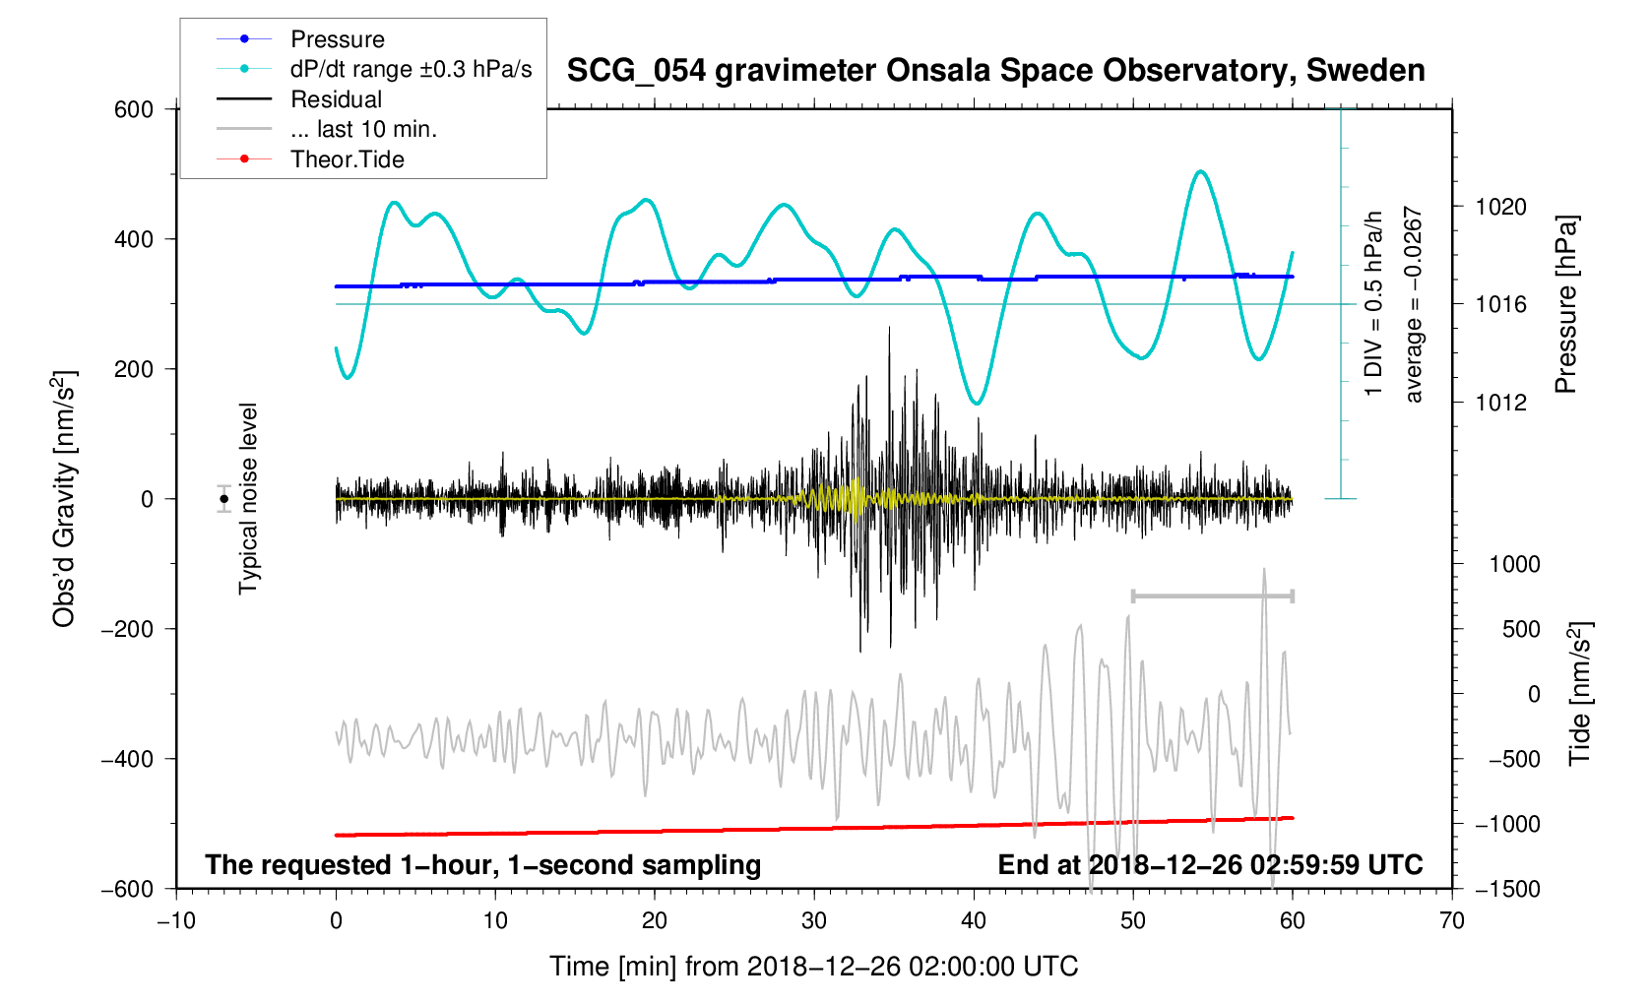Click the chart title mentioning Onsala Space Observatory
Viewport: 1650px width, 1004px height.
tap(995, 71)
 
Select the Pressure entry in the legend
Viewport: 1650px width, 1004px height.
tap(337, 39)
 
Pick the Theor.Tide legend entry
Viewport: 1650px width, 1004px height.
tap(347, 159)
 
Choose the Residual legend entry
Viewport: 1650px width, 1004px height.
tap(336, 99)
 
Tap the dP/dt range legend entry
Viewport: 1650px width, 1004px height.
tap(411, 69)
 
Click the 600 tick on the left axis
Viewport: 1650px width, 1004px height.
tap(134, 109)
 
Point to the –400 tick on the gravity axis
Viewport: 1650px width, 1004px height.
tap(128, 759)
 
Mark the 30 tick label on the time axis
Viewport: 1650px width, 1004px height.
tap(814, 921)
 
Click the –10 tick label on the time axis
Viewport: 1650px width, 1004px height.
tap(176, 921)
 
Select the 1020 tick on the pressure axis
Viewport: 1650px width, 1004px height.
tap(1500, 207)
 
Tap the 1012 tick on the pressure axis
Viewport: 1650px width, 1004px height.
tap(1500, 403)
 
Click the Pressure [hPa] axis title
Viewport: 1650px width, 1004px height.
tap(1565, 304)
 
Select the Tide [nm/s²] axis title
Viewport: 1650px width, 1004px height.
tap(1580, 694)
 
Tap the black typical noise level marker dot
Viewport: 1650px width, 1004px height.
tap(224, 499)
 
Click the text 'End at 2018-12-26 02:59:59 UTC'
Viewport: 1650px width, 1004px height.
tap(1210, 865)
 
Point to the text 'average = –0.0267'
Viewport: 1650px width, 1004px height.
tap(1414, 304)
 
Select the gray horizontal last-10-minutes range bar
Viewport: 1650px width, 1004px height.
tap(1212, 596)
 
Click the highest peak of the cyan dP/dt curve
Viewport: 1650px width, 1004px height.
tap(1200, 171)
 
